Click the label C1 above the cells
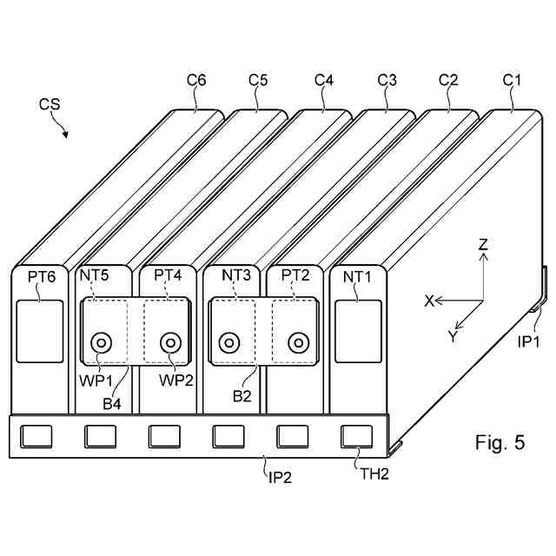point(513,81)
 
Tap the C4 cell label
point(324,81)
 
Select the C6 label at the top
point(196,81)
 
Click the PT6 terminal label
point(41,277)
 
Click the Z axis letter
point(483,246)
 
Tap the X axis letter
point(429,301)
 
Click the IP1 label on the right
point(530,342)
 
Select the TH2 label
point(374,473)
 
